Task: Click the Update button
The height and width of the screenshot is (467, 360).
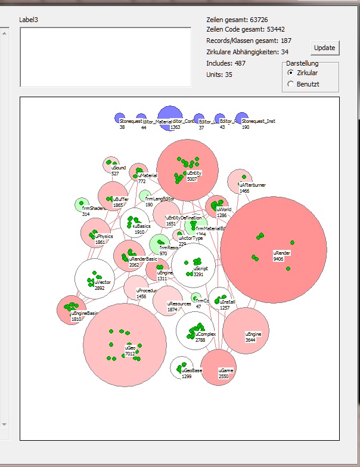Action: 324,48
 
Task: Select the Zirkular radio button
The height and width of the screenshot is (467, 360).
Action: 290,72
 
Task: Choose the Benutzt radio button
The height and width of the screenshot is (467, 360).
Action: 290,84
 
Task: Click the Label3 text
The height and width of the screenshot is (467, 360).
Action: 28,20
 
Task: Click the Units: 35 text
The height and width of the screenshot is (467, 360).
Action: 219,75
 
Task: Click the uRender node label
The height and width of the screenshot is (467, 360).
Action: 282,253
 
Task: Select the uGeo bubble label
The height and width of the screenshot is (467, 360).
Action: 131,348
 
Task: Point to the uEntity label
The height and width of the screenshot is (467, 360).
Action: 195,173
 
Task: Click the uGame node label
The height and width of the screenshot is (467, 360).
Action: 225,370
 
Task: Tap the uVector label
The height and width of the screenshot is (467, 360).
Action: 102,282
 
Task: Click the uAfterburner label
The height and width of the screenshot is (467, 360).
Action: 252,185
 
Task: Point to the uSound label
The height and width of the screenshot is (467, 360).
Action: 119,168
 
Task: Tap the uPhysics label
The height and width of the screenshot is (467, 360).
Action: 104,237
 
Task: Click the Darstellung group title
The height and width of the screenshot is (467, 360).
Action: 302,63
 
